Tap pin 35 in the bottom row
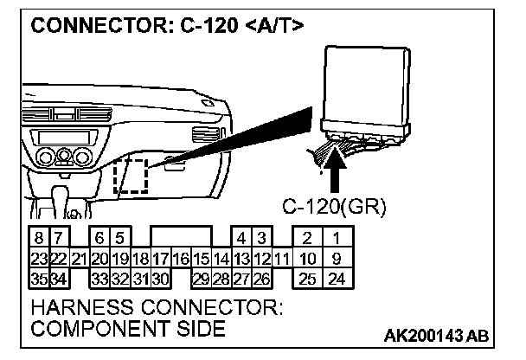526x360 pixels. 39,278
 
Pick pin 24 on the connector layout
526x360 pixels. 337,278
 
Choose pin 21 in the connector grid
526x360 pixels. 79,258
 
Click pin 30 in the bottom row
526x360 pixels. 159,278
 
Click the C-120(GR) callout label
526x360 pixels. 334,208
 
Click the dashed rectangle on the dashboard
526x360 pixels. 131,178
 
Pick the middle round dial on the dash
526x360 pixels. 61,157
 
